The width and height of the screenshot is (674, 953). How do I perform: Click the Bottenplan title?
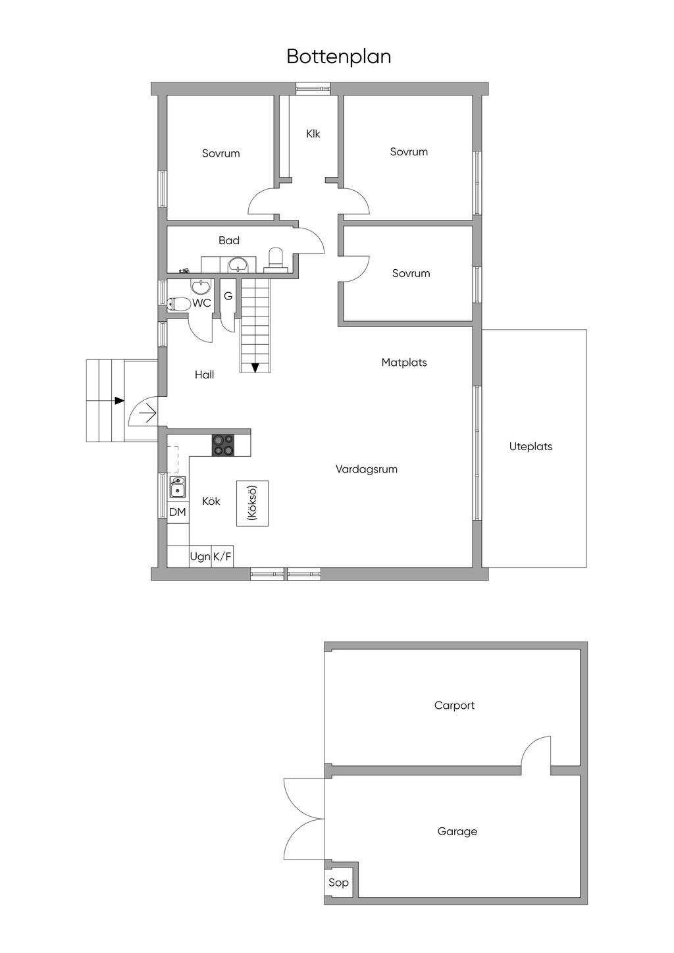[x=338, y=57]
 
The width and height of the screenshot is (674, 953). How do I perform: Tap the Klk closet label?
[x=313, y=134]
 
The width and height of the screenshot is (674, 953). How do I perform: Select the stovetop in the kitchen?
[x=222, y=446]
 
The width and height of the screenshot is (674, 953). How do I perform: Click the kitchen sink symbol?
[x=177, y=488]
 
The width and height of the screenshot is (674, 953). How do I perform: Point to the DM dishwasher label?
[x=178, y=512]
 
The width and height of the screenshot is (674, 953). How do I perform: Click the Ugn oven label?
[x=200, y=557]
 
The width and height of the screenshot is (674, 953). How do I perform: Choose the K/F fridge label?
[x=222, y=557]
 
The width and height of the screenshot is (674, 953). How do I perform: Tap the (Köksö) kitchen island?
[x=253, y=503]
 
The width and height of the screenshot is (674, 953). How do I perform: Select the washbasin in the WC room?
[x=200, y=287]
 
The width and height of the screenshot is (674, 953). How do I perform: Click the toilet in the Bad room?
[x=275, y=259]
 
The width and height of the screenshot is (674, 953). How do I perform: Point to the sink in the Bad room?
[x=237, y=265]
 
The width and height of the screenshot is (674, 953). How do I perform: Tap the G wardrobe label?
[x=228, y=296]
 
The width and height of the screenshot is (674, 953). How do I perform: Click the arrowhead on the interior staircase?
[x=255, y=367]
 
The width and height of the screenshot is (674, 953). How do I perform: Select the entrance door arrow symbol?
[x=147, y=414]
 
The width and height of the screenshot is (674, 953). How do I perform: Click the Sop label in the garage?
[x=338, y=883]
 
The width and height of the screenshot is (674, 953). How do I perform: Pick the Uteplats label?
[x=531, y=446]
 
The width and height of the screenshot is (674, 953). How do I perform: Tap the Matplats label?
[x=404, y=363]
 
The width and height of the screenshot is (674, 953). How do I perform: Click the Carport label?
[x=454, y=706]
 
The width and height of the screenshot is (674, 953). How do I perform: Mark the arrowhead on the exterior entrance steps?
[x=119, y=400]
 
